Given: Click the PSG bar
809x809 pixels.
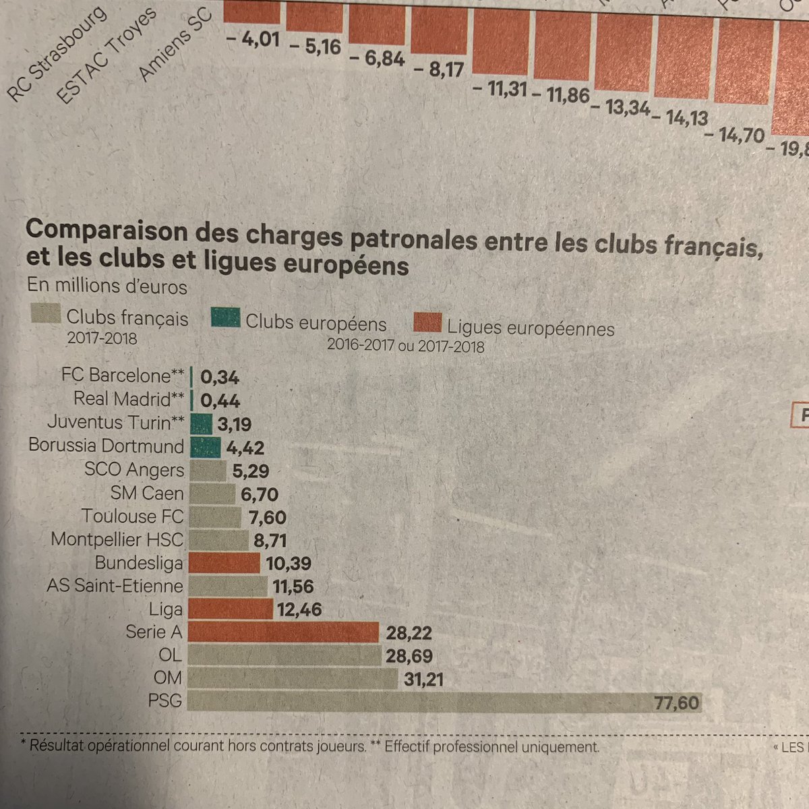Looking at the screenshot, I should point(418,702).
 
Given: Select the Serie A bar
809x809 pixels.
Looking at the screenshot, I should point(283,632).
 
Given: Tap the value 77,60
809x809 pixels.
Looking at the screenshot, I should point(677,704).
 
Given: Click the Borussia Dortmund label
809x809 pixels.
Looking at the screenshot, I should point(107,446).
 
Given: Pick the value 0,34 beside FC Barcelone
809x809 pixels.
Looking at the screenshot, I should point(220,378).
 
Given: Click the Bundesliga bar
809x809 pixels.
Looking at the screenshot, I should point(224,563).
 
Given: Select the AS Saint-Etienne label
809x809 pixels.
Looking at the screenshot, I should point(115,586).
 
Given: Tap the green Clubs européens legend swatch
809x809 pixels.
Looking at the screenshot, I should point(226,318).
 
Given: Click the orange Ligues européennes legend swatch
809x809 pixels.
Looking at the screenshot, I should point(427,323).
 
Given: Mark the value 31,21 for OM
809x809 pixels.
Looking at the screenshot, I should point(423,679).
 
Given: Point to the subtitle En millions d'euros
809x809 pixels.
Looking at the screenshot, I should point(107,287).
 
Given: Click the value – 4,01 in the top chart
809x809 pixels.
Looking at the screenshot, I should point(253,40).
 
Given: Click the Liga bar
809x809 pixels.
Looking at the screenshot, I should point(231,609).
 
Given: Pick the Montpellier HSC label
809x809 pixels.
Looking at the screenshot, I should point(117,540).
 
